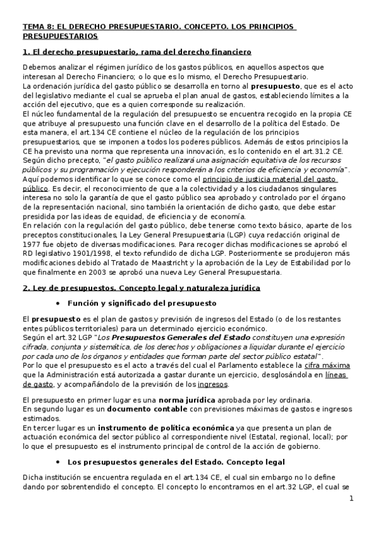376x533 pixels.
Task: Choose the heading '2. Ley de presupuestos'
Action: tap(69, 287)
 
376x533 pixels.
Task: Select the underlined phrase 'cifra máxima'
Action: tap(338, 366)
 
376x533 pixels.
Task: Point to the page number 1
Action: tap(352, 498)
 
